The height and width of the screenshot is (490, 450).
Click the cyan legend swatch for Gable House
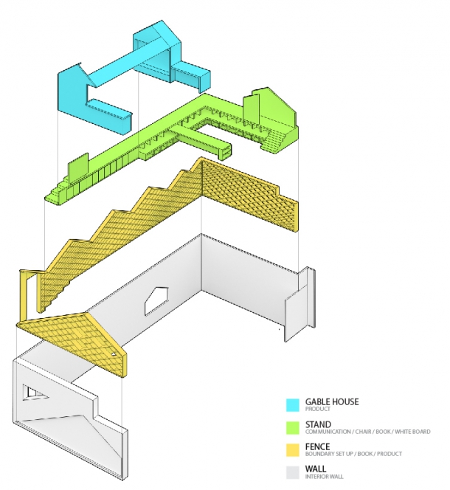coord(293,405)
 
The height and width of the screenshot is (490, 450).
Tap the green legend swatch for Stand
coord(293,427)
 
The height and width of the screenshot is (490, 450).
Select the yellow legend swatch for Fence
coord(293,449)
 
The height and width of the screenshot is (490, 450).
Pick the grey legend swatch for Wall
coord(293,471)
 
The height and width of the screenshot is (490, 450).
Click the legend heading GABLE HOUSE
coord(332,401)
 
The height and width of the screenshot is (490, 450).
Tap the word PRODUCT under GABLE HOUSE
coord(317,409)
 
